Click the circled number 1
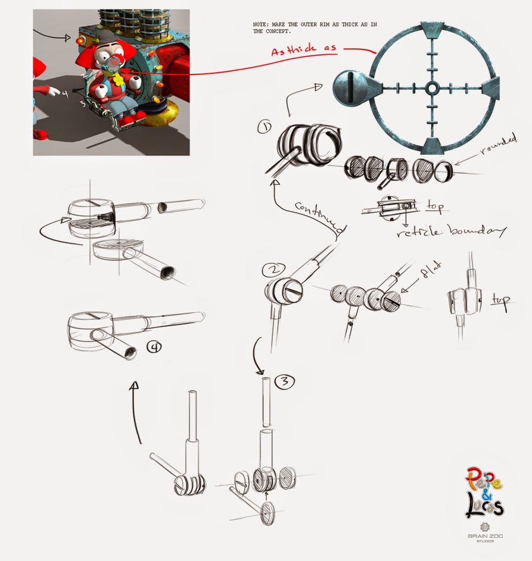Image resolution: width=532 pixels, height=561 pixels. click(265, 127)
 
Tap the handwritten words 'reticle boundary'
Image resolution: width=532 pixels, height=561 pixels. click(451, 232)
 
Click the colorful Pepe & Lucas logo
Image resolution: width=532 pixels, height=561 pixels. click(484, 492)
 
